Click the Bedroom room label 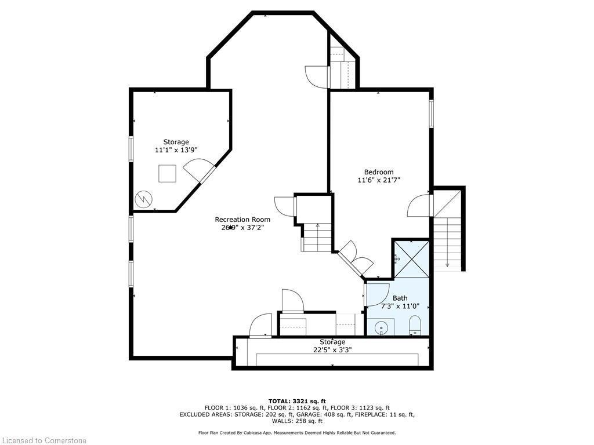(x=378, y=172)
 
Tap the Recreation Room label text (x=242, y=219)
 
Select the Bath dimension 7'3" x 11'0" (x=400, y=306)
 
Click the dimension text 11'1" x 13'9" (x=176, y=150)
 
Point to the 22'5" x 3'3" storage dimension (x=332, y=350)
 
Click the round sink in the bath (x=381, y=329)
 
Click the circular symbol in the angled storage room (x=143, y=199)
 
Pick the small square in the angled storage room (x=167, y=174)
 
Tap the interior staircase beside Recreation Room (x=316, y=238)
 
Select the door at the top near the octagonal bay (x=317, y=76)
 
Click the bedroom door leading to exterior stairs (x=420, y=206)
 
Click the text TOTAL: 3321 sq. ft (x=297, y=401)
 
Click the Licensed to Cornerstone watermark (x=44, y=440)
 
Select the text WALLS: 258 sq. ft (x=297, y=422)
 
